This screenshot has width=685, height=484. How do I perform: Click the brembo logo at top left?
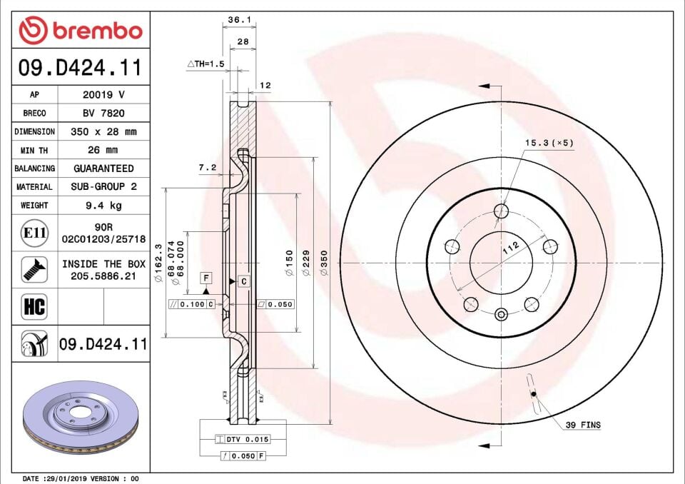coord(81,30)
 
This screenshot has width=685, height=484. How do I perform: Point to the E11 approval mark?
coord(34,233)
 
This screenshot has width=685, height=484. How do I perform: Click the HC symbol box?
coord(34,307)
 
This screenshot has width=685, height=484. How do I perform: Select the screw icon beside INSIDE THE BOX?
coord(34,269)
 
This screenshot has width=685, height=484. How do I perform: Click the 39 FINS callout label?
coord(583,425)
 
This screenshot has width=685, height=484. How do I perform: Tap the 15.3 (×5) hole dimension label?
coord(549,143)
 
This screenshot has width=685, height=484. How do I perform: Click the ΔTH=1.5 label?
coord(205,64)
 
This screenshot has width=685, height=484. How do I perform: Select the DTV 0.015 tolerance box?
coord(248,439)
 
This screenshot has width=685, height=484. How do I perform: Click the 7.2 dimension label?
coord(207,168)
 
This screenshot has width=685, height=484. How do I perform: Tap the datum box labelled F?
coord(205,276)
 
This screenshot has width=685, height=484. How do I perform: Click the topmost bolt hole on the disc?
coord(502,211)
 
